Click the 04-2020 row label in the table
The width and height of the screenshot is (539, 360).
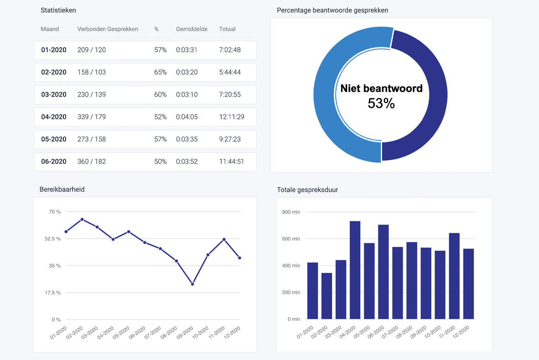tap(53, 117)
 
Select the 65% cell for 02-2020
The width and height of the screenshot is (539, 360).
tap(160, 72)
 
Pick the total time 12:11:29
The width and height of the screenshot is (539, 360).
tap(231, 117)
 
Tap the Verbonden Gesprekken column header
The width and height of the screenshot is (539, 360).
tap(108, 29)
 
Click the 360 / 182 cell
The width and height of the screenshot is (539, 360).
tap(91, 161)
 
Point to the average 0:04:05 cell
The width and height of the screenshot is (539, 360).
tap(187, 117)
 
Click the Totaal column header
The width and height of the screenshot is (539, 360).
tap(227, 29)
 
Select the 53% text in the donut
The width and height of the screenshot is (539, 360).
tap(381, 103)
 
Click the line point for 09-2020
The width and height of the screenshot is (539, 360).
tap(192, 284)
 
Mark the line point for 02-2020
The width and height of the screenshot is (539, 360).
tap(82, 219)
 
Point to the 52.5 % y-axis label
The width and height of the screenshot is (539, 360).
tap(52, 239)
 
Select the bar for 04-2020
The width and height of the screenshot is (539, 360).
tap(355, 270)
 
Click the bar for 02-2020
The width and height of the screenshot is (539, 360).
tap(327, 296)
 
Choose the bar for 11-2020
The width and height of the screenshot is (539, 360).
tap(454, 276)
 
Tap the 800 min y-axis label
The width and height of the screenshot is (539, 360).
tap(291, 212)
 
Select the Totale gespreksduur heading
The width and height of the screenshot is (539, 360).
tap(307, 190)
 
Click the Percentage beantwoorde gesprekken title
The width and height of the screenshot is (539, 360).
tap(332, 10)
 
